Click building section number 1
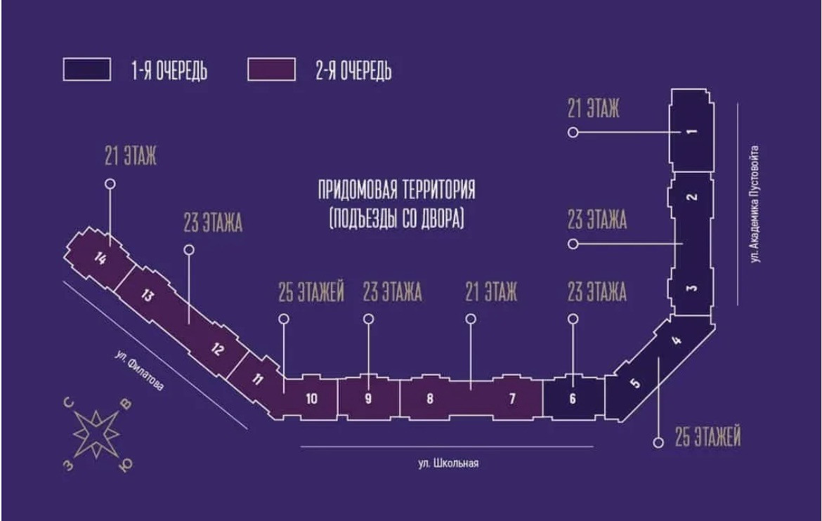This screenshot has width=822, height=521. [x=691, y=132]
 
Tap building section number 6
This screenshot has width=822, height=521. [x=573, y=399]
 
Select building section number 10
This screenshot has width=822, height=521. [x=311, y=399]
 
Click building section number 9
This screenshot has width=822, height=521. [x=368, y=399]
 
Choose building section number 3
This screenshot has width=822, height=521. [x=691, y=289]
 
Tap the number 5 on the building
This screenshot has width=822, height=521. [x=635, y=383]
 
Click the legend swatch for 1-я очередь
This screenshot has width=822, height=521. [x=86, y=70]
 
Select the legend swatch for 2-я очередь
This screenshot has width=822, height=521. [x=271, y=70]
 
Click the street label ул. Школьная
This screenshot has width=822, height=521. [x=448, y=463]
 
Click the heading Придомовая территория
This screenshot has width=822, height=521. [x=397, y=190]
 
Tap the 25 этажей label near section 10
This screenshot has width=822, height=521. [x=311, y=293]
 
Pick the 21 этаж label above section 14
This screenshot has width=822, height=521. [x=131, y=157]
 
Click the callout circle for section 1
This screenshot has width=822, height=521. [x=573, y=132]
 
